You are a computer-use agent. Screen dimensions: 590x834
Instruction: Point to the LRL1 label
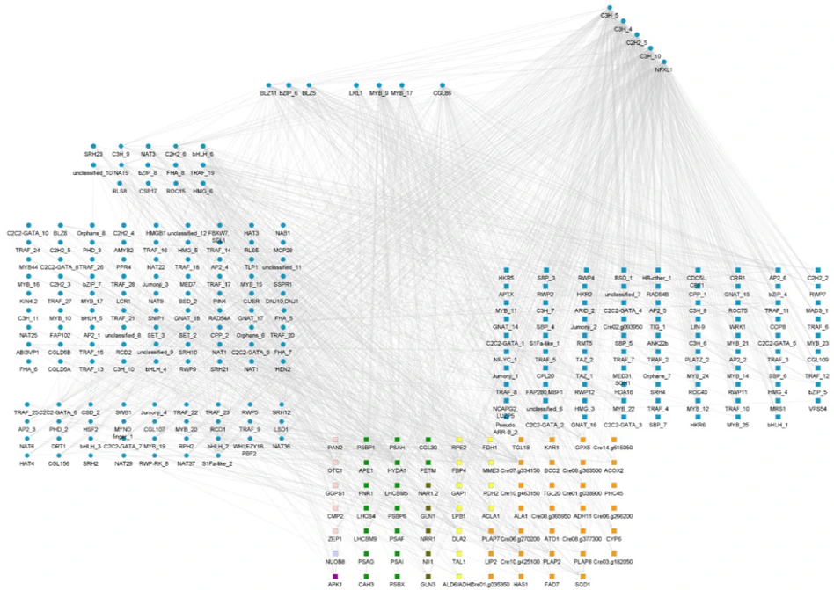[355, 93]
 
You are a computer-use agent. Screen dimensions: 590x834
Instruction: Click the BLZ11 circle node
[267, 86]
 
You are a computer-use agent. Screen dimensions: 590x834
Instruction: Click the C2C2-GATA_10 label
[27, 233]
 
